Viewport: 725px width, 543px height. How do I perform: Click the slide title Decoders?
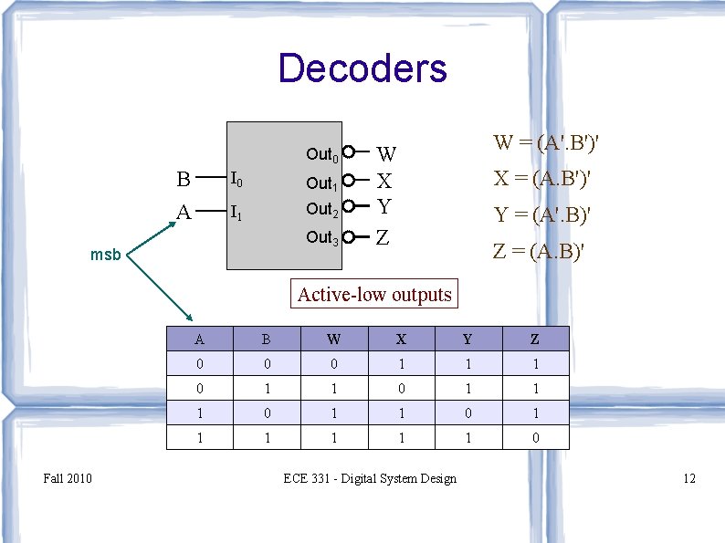pyautogui.click(x=362, y=68)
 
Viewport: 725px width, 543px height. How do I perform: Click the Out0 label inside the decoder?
pyautogui.click(x=322, y=155)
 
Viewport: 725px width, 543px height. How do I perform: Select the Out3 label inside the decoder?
pyautogui.click(x=322, y=238)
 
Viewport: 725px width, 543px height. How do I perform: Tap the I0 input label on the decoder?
pyautogui.click(x=236, y=179)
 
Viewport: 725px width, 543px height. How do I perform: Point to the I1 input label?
pyautogui.click(x=236, y=214)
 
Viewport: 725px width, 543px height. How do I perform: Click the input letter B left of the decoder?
pyautogui.click(x=184, y=179)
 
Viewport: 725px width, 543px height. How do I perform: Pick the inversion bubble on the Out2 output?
pyautogui.click(x=349, y=209)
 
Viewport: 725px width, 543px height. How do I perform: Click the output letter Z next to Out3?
pyautogui.click(x=384, y=238)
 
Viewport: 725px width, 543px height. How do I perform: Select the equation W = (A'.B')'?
pyautogui.click(x=545, y=143)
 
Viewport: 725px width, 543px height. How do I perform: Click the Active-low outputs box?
pyautogui.click(x=374, y=295)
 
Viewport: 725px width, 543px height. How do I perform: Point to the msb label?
pyautogui.click(x=105, y=255)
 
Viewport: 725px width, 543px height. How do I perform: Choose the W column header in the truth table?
pyautogui.click(x=334, y=339)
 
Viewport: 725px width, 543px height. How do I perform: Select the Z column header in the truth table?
pyautogui.click(x=535, y=339)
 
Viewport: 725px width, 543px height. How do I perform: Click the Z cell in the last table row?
pyautogui.click(x=535, y=438)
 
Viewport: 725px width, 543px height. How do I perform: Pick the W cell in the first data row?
pyautogui.click(x=334, y=364)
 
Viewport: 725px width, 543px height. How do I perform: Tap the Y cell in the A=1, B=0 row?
pyautogui.click(x=468, y=413)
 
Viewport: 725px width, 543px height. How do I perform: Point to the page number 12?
pyautogui.click(x=689, y=478)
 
